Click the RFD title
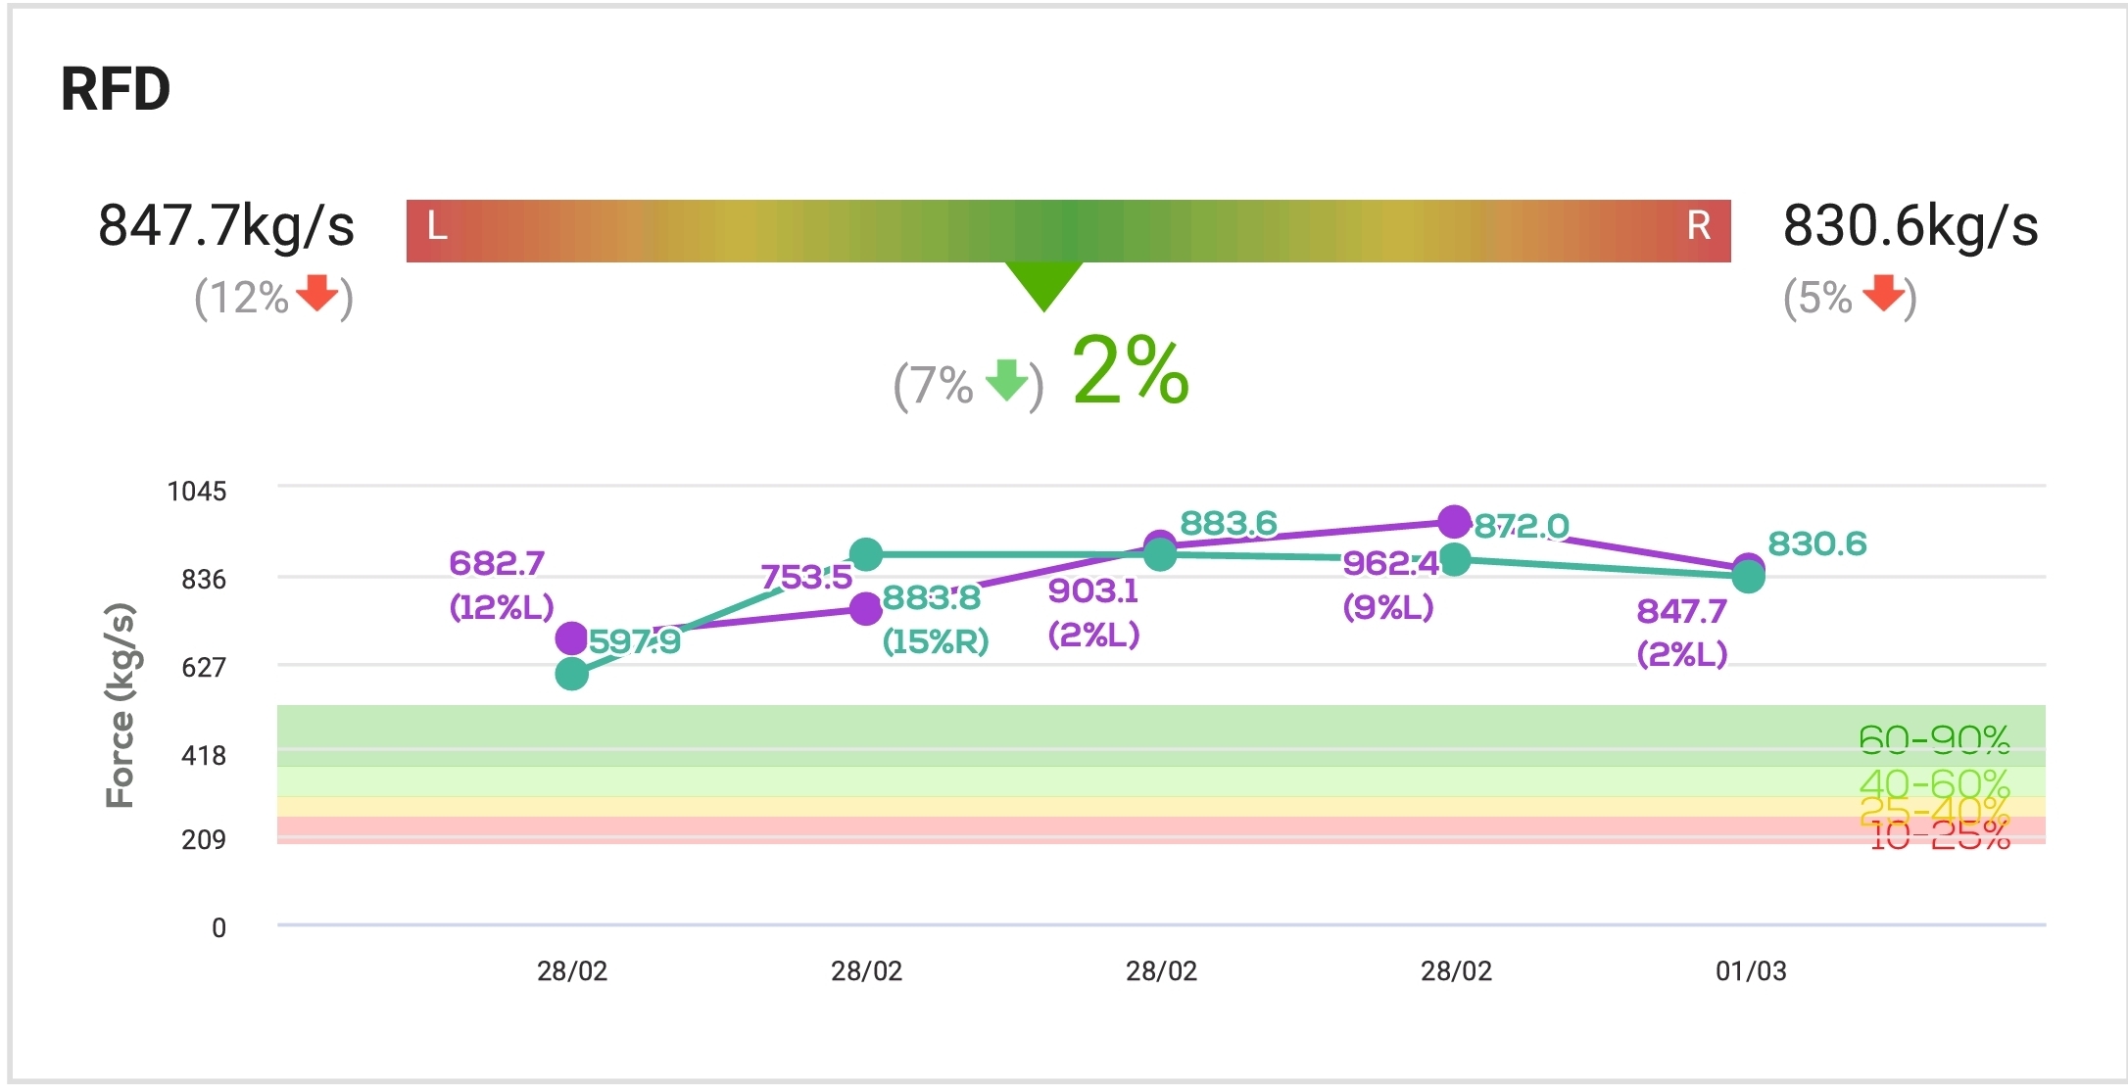point(116,89)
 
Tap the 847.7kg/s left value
point(226,225)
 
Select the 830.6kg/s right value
point(1910,225)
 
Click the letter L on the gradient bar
point(437,227)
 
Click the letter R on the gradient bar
point(1698,226)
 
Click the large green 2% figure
point(1131,371)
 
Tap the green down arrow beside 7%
point(1006,380)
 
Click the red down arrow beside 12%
point(316,293)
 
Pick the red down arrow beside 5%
point(1883,293)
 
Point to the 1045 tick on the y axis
point(197,491)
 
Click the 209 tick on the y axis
point(204,839)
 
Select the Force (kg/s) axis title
point(120,705)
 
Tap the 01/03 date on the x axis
point(1751,971)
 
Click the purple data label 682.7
point(497,563)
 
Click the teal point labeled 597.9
point(571,674)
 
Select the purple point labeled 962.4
point(1455,522)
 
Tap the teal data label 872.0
point(1522,527)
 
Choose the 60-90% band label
point(1934,739)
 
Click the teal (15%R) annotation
point(936,641)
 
